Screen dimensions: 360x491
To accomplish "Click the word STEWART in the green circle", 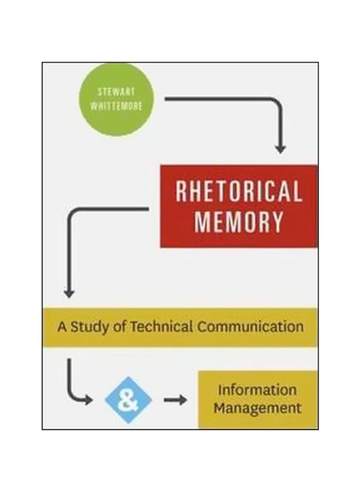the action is click(116, 92).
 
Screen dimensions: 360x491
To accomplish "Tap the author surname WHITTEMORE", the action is click(116, 106).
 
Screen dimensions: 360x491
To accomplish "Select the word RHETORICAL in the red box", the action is click(239, 191).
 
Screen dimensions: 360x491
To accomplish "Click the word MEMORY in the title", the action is click(239, 222).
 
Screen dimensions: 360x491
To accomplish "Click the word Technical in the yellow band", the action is click(161, 327).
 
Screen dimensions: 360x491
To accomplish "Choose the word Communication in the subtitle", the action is click(250, 327).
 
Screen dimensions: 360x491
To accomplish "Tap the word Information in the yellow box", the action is click(257, 390).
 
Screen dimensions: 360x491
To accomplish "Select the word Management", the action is click(257, 408).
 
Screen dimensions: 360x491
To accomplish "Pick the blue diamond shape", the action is click(128, 400).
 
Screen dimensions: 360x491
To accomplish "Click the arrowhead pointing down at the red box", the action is click(280, 149).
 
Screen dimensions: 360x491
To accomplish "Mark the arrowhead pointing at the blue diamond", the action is click(88, 400).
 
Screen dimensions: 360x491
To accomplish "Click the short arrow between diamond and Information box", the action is click(175, 400).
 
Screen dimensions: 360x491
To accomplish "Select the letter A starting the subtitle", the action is click(62, 327).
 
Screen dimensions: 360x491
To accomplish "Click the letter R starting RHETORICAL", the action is click(181, 191).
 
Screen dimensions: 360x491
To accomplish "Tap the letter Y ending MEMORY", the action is click(277, 222).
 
